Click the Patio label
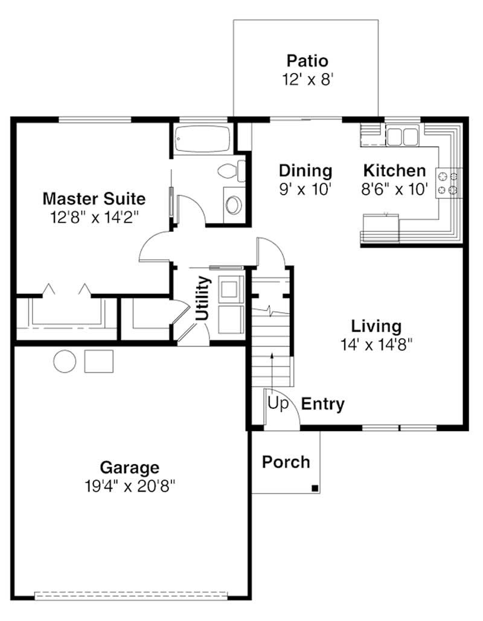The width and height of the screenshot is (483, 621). [307, 61]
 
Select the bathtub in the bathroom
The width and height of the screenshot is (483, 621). [202, 140]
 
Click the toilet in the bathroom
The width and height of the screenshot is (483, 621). [229, 170]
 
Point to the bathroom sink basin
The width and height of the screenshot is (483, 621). [233, 204]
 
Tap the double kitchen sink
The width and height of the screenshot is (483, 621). [403, 135]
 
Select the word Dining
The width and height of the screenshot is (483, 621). [305, 171]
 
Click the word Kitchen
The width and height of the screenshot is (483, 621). [394, 171]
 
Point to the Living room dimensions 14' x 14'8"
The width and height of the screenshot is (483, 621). [376, 344]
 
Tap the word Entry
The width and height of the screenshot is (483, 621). [323, 404]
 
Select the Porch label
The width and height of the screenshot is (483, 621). [286, 462]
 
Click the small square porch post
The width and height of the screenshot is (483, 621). [315, 488]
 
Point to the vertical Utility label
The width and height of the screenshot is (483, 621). [203, 297]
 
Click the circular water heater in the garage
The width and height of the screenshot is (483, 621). [65, 361]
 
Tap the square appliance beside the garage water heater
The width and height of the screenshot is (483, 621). [99, 361]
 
